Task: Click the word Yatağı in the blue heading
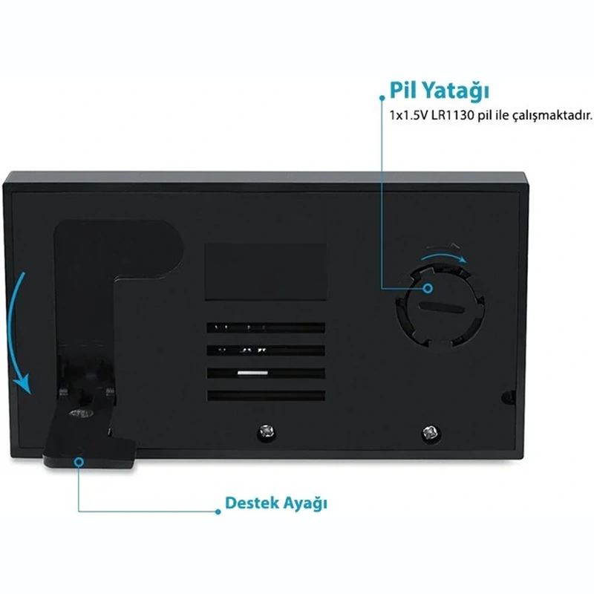pos(456,91)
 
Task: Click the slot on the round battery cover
pos(441,307)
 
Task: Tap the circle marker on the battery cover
pos(428,289)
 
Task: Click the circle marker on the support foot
pos(79,462)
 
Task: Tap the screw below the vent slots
pos(267,431)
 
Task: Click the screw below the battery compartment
pos(431,432)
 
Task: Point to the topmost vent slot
pos(266,327)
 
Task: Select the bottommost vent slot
pos(266,396)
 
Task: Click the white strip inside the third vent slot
pos(252,373)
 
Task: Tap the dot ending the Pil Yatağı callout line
pos(382,98)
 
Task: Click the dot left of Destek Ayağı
pos(218,512)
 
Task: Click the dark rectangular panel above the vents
pos(266,272)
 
